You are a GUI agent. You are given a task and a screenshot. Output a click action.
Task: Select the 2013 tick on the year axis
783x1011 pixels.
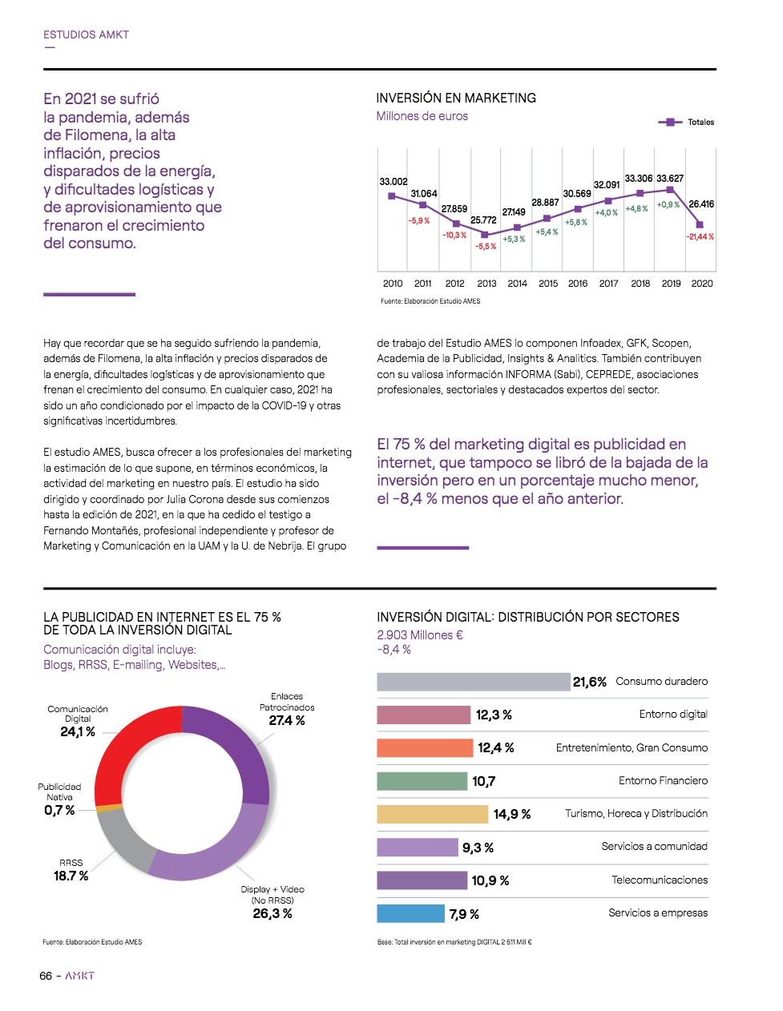[486, 284]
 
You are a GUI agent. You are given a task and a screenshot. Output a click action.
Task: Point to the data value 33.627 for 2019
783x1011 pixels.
[670, 179]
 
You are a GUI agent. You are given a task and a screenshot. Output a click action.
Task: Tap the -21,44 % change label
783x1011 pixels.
[700, 237]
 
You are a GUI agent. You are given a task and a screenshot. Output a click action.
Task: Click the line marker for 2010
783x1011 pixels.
[392, 195]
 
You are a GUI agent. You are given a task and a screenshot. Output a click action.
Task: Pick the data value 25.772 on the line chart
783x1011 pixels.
[483, 220]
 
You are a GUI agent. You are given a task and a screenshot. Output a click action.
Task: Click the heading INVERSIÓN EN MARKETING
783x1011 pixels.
[456, 98]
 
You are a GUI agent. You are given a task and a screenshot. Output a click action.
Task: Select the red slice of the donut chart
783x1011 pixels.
[132, 749]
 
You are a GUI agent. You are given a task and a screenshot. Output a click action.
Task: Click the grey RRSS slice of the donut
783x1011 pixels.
[124, 840]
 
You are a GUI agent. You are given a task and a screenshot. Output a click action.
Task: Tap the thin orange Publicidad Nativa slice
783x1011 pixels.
[109, 808]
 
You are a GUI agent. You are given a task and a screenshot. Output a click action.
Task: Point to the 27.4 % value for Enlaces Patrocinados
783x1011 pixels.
[287, 721]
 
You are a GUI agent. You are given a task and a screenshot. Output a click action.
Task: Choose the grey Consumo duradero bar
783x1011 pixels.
[473, 682]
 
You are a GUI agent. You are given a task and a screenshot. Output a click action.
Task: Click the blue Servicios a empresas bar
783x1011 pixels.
[410, 913]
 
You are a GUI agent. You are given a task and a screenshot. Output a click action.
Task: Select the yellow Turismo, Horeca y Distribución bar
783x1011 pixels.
[432, 814]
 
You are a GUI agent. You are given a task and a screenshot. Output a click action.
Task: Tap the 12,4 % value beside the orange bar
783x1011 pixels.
[496, 748]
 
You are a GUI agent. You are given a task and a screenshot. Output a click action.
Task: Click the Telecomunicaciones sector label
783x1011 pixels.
[660, 880]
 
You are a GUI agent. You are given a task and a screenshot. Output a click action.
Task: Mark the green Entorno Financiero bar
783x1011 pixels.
[422, 781]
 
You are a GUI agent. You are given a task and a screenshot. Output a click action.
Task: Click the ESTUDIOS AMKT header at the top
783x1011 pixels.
[86, 34]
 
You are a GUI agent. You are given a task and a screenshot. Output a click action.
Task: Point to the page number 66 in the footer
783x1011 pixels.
[46, 976]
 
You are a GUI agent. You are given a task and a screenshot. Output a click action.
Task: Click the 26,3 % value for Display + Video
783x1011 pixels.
[272, 914]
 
